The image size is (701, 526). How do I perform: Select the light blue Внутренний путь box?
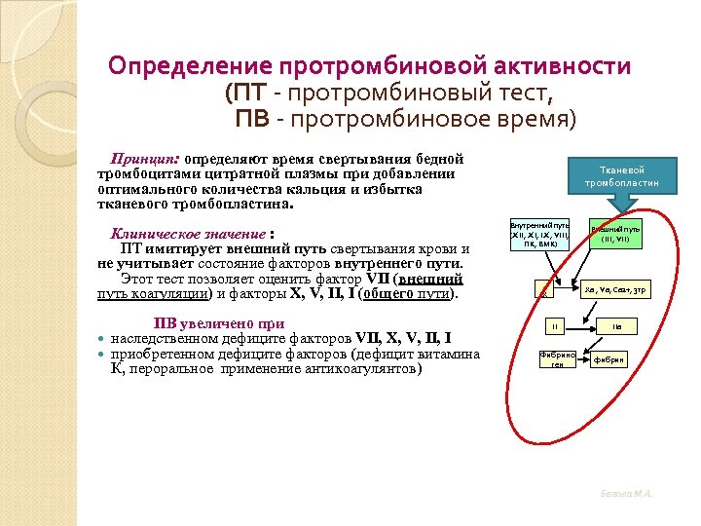(x=534, y=235)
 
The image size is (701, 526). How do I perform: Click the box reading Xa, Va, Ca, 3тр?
(x=615, y=289)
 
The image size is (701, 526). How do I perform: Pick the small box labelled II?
(x=552, y=326)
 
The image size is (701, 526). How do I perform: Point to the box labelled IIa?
(x=616, y=326)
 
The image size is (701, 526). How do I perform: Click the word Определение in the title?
(x=191, y=66)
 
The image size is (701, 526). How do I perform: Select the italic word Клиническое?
(x=159, y=234)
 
